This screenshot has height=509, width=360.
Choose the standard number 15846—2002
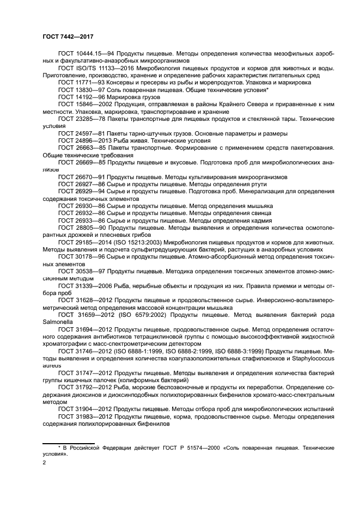(x=90, y=103)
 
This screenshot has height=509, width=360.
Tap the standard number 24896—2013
(x=90, y=140)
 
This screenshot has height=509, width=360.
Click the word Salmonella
(x=56, y=321)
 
